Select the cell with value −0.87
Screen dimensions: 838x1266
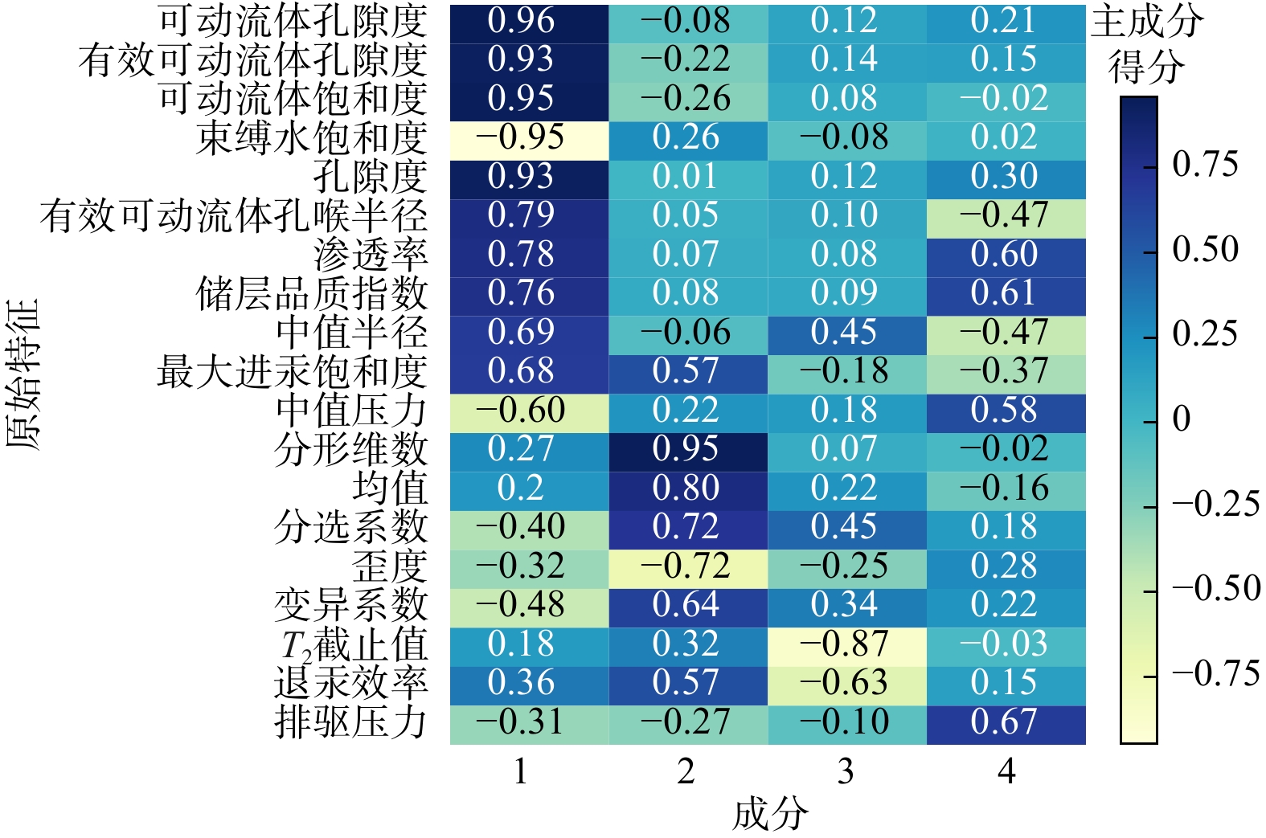pos(845,644)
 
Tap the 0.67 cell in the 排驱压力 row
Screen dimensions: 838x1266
pos(1005,722)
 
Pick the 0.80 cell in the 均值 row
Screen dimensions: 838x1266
pos(686,488)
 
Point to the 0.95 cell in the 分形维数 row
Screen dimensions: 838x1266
pos(686,449)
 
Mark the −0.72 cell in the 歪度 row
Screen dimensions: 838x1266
pos(686,566)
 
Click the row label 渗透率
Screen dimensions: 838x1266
pos(371,255)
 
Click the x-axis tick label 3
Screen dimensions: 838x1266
pos(845,772)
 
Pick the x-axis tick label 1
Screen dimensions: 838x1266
pos(521,772)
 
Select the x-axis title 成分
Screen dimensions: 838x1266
pos(769,815)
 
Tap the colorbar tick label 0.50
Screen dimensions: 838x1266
pos(1205,249)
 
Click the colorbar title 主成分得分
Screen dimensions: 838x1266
pos(1147,44)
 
